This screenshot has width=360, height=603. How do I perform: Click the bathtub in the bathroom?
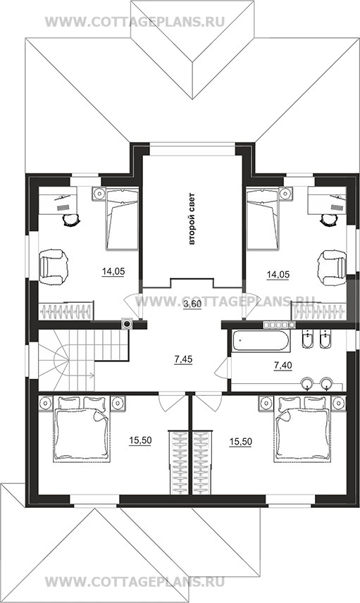click(261, 340)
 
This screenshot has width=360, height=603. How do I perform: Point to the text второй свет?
click(192, 219)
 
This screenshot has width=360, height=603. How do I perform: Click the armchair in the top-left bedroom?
click(54, 268)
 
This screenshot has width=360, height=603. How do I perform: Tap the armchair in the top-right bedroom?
click(332, 268)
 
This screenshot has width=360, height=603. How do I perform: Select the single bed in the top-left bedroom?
click(122, 218)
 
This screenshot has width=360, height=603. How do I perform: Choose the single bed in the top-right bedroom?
click(263, 218)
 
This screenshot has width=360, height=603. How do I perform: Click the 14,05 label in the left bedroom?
click(113, 272)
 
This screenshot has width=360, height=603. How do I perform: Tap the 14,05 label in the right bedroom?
click(278, 274)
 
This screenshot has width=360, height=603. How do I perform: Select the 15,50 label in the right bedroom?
click(241, 442)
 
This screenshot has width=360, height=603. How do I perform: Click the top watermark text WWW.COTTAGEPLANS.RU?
click(135, 22)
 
